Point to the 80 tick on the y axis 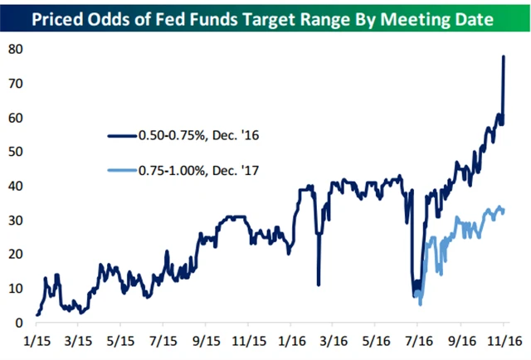tap(14, 49)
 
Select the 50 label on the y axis tap(14, 152)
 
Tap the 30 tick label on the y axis tap(14, 220)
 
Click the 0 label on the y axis tap(18, 323)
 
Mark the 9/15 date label tap(207, 340)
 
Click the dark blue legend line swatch tap(124, 135)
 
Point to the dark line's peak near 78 tap(504, 56)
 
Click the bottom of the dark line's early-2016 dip tap(319, 285)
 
